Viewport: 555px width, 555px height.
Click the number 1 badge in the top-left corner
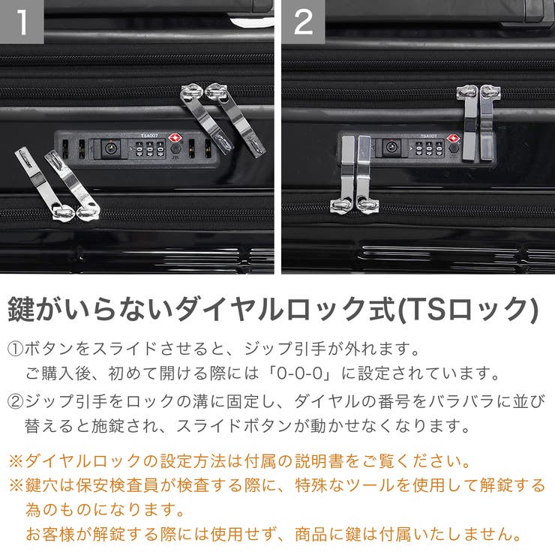pos(22,22)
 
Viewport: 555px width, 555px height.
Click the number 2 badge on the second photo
pos(303,22)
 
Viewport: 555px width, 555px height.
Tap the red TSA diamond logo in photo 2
pos(453,138)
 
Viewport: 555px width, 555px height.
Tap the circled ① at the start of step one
pos(16,349)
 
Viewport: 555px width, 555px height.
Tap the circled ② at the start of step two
pos(16,400)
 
